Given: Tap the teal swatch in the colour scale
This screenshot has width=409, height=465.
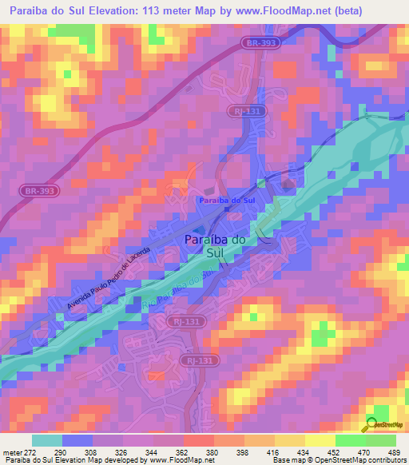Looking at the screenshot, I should click(47, 440).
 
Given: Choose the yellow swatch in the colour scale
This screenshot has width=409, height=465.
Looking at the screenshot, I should click(320, 440).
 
